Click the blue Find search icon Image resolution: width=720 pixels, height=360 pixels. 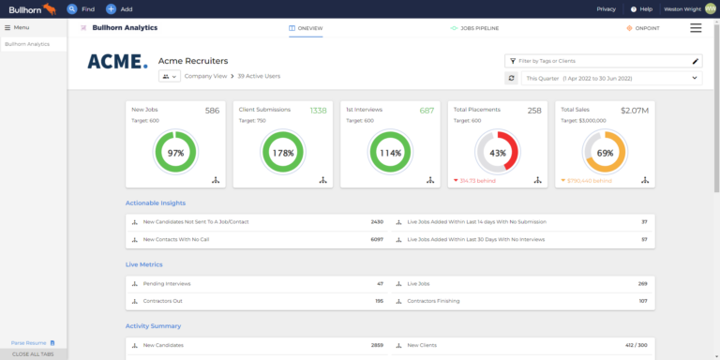[x=72, y=8]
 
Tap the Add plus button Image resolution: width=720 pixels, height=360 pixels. [x=111, y=8]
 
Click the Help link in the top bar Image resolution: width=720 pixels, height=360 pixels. [x=641, y=8]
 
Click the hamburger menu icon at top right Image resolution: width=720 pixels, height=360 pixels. [x=696, y=28]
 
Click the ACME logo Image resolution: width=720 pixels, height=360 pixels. [x=117, y=62]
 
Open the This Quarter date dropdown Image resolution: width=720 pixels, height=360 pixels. [x=610, y=78]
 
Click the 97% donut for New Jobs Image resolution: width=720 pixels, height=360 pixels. [x=175, y=152]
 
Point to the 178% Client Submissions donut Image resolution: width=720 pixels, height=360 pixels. [x=282, y=152]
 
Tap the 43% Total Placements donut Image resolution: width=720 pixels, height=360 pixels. [x=498, y=152]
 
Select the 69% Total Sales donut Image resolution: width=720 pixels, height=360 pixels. [x=605, y=152]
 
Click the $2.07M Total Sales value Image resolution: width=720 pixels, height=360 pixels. [x=636, y=111]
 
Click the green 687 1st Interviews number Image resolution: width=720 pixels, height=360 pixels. [x=427, y=111]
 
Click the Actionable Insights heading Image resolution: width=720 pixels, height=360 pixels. [x=156, y=202]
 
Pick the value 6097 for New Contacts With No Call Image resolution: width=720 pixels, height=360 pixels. [x=377, y=239]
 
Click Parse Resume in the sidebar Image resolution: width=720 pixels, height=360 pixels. [x=29, y=343]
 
